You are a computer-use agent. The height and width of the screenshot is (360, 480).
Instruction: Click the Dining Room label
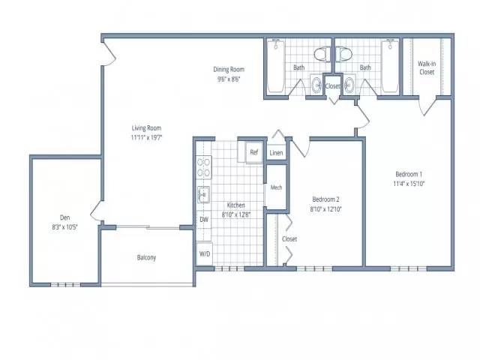point(229,70)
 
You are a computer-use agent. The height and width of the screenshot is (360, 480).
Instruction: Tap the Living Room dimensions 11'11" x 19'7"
point(146,137)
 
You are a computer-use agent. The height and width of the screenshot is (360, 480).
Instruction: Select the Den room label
point(65,217)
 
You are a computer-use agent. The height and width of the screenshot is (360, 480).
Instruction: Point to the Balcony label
point(146,257)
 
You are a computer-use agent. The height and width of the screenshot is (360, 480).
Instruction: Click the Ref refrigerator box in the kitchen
point(254,152)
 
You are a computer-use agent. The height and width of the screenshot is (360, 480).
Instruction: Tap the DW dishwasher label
point(204,220)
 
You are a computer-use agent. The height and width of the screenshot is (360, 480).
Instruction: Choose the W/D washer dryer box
point(205,253)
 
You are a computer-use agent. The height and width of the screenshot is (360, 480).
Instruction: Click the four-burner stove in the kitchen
point(204,167)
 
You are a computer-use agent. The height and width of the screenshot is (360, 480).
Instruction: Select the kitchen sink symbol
point(203,195)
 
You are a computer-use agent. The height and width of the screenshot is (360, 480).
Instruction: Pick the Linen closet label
point(276,153)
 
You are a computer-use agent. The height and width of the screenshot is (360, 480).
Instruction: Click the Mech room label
point(276,187)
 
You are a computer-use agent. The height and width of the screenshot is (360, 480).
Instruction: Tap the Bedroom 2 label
point(325,199)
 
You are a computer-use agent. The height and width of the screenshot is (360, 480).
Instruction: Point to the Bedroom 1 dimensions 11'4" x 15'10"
point(409,184)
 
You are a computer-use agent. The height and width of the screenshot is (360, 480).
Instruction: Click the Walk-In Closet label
point(427,68)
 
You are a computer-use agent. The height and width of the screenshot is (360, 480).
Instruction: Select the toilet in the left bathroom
point(322,55)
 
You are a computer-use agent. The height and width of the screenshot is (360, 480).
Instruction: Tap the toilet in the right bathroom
point(343,55)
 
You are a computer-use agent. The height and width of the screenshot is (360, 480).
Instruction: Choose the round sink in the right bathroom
point(349,83)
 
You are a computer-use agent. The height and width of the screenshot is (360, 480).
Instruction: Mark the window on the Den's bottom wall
point(65,285)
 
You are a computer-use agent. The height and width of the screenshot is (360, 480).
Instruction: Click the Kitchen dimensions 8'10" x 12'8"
point(236,214)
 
